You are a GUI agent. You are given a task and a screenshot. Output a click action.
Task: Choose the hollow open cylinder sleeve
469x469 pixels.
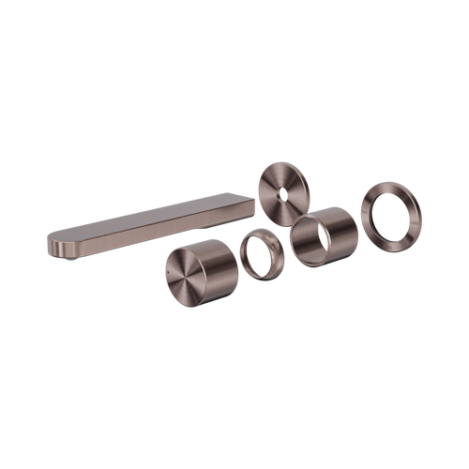point(324,235)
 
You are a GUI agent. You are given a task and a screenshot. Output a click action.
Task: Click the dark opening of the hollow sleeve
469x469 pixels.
point(308,241)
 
